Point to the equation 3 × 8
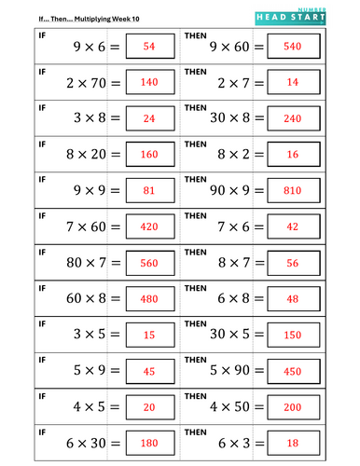(91, 118)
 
